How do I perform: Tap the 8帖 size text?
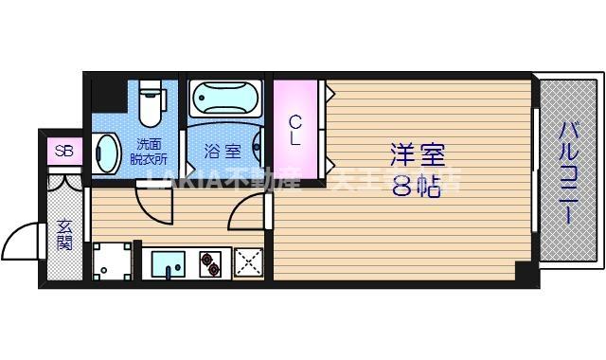418,186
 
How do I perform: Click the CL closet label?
295,130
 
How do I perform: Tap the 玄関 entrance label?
63,234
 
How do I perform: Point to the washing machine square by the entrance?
113,261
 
